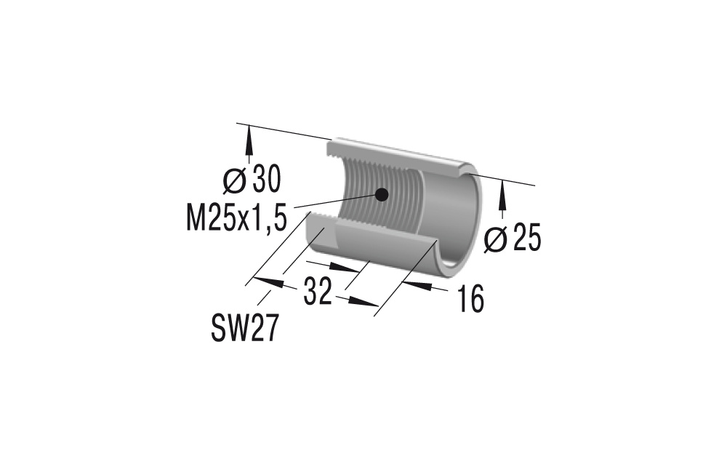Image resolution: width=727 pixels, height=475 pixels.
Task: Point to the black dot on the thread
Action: (380, 193)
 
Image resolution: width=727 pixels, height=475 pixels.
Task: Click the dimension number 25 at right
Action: (526, 239)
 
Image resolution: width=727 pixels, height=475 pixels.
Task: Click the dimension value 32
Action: (317, 292)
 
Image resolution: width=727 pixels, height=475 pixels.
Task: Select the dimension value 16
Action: (471, 298)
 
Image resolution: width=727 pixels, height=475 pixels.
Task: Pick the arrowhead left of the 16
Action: (416, 284)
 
